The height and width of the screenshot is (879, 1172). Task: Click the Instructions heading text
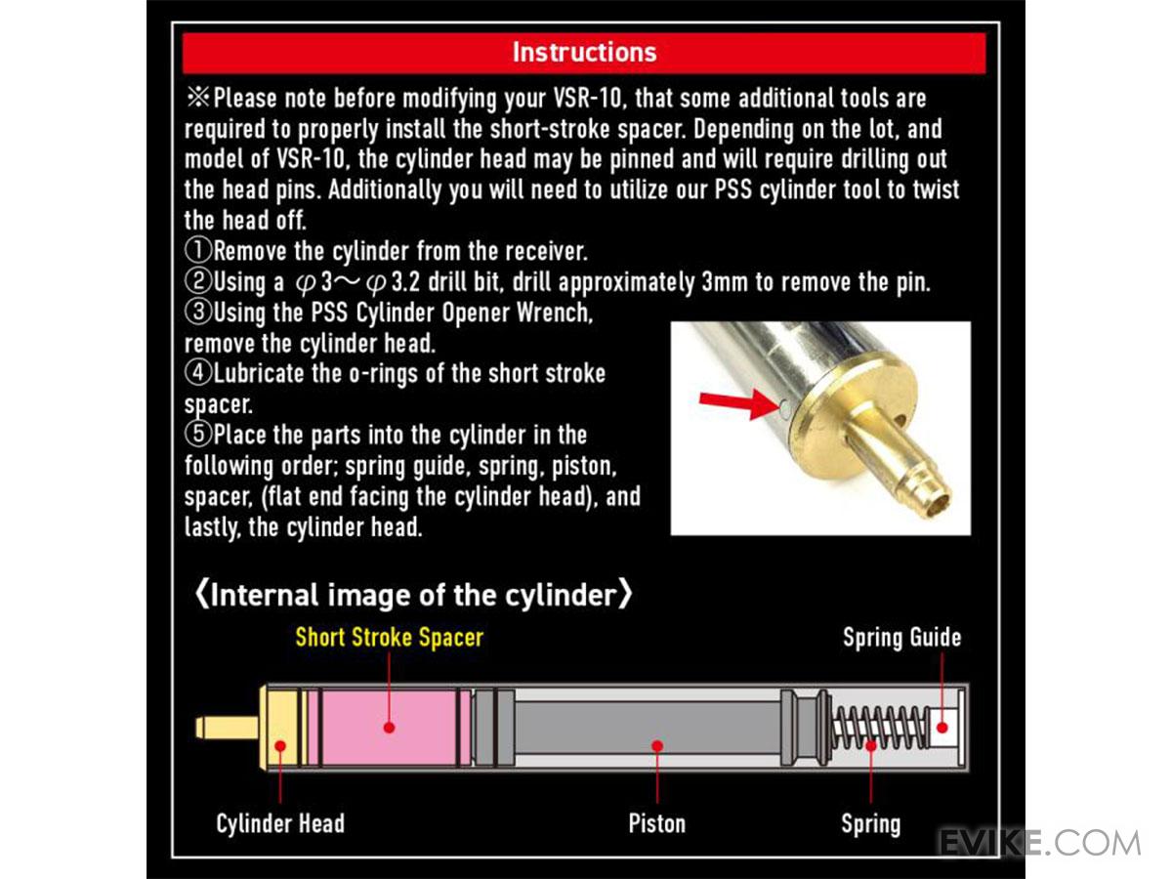tap(584, 53)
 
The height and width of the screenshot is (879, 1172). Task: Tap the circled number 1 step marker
tap(198, 250)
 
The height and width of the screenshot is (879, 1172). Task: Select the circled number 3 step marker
tap(198, 312)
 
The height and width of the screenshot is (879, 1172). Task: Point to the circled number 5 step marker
tap(198, 434)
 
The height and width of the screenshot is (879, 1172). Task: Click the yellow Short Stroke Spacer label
tap(390, 637)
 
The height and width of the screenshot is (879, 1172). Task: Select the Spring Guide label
tap(901, 637)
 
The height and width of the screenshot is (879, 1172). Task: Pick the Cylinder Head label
tap(280, 823)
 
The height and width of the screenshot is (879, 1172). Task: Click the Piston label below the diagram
tap(656, 823)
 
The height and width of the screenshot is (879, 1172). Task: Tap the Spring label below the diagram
tap(871, 823)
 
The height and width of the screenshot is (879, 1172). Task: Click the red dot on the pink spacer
tap(390, 728)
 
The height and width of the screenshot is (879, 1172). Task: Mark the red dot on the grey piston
tap(657, 745)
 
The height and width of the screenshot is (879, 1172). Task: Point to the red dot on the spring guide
tap(942, 728)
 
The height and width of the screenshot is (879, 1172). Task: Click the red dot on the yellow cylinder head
tap(280, 745)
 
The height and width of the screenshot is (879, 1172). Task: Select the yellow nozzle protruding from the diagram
tap(227, 728)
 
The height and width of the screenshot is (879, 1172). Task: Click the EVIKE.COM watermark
tap(1039, 843)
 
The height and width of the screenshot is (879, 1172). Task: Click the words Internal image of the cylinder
tap(414, 595)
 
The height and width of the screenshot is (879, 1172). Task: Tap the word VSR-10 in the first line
tap(588, 99)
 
